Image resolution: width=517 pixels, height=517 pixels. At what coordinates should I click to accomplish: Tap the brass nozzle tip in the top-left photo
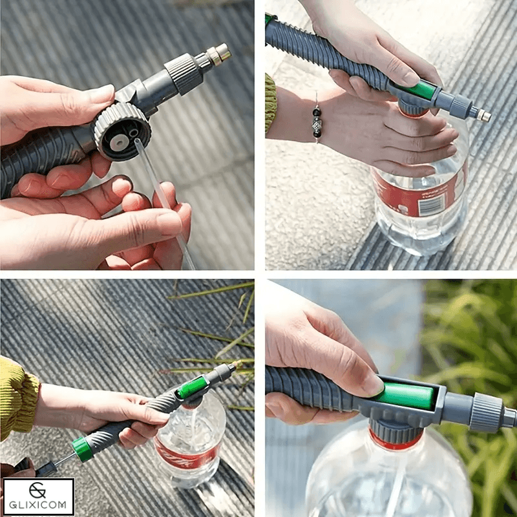221,52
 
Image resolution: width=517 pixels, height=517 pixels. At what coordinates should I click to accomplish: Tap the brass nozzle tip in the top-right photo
483,116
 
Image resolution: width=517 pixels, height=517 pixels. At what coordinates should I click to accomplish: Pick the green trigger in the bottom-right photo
406,396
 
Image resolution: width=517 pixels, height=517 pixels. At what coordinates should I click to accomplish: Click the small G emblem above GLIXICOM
39,490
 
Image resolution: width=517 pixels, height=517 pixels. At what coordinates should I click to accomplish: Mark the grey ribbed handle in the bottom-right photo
310,388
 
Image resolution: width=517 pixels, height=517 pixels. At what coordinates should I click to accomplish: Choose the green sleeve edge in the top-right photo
271,103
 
